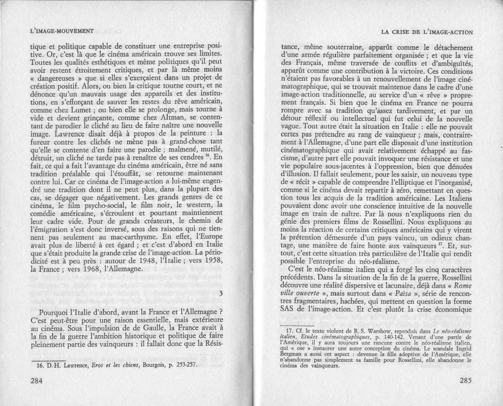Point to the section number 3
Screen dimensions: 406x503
click(221, 294)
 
